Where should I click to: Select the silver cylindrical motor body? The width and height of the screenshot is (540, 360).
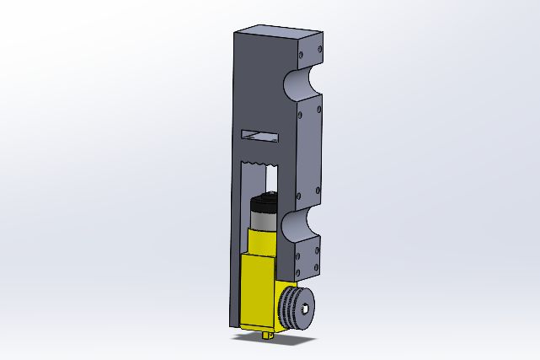pos(264,218)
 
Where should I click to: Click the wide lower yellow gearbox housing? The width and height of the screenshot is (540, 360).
pos(258,292)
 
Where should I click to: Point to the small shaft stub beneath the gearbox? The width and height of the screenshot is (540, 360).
pos(269,336)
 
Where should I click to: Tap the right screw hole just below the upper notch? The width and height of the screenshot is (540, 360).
pos(318,109)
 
